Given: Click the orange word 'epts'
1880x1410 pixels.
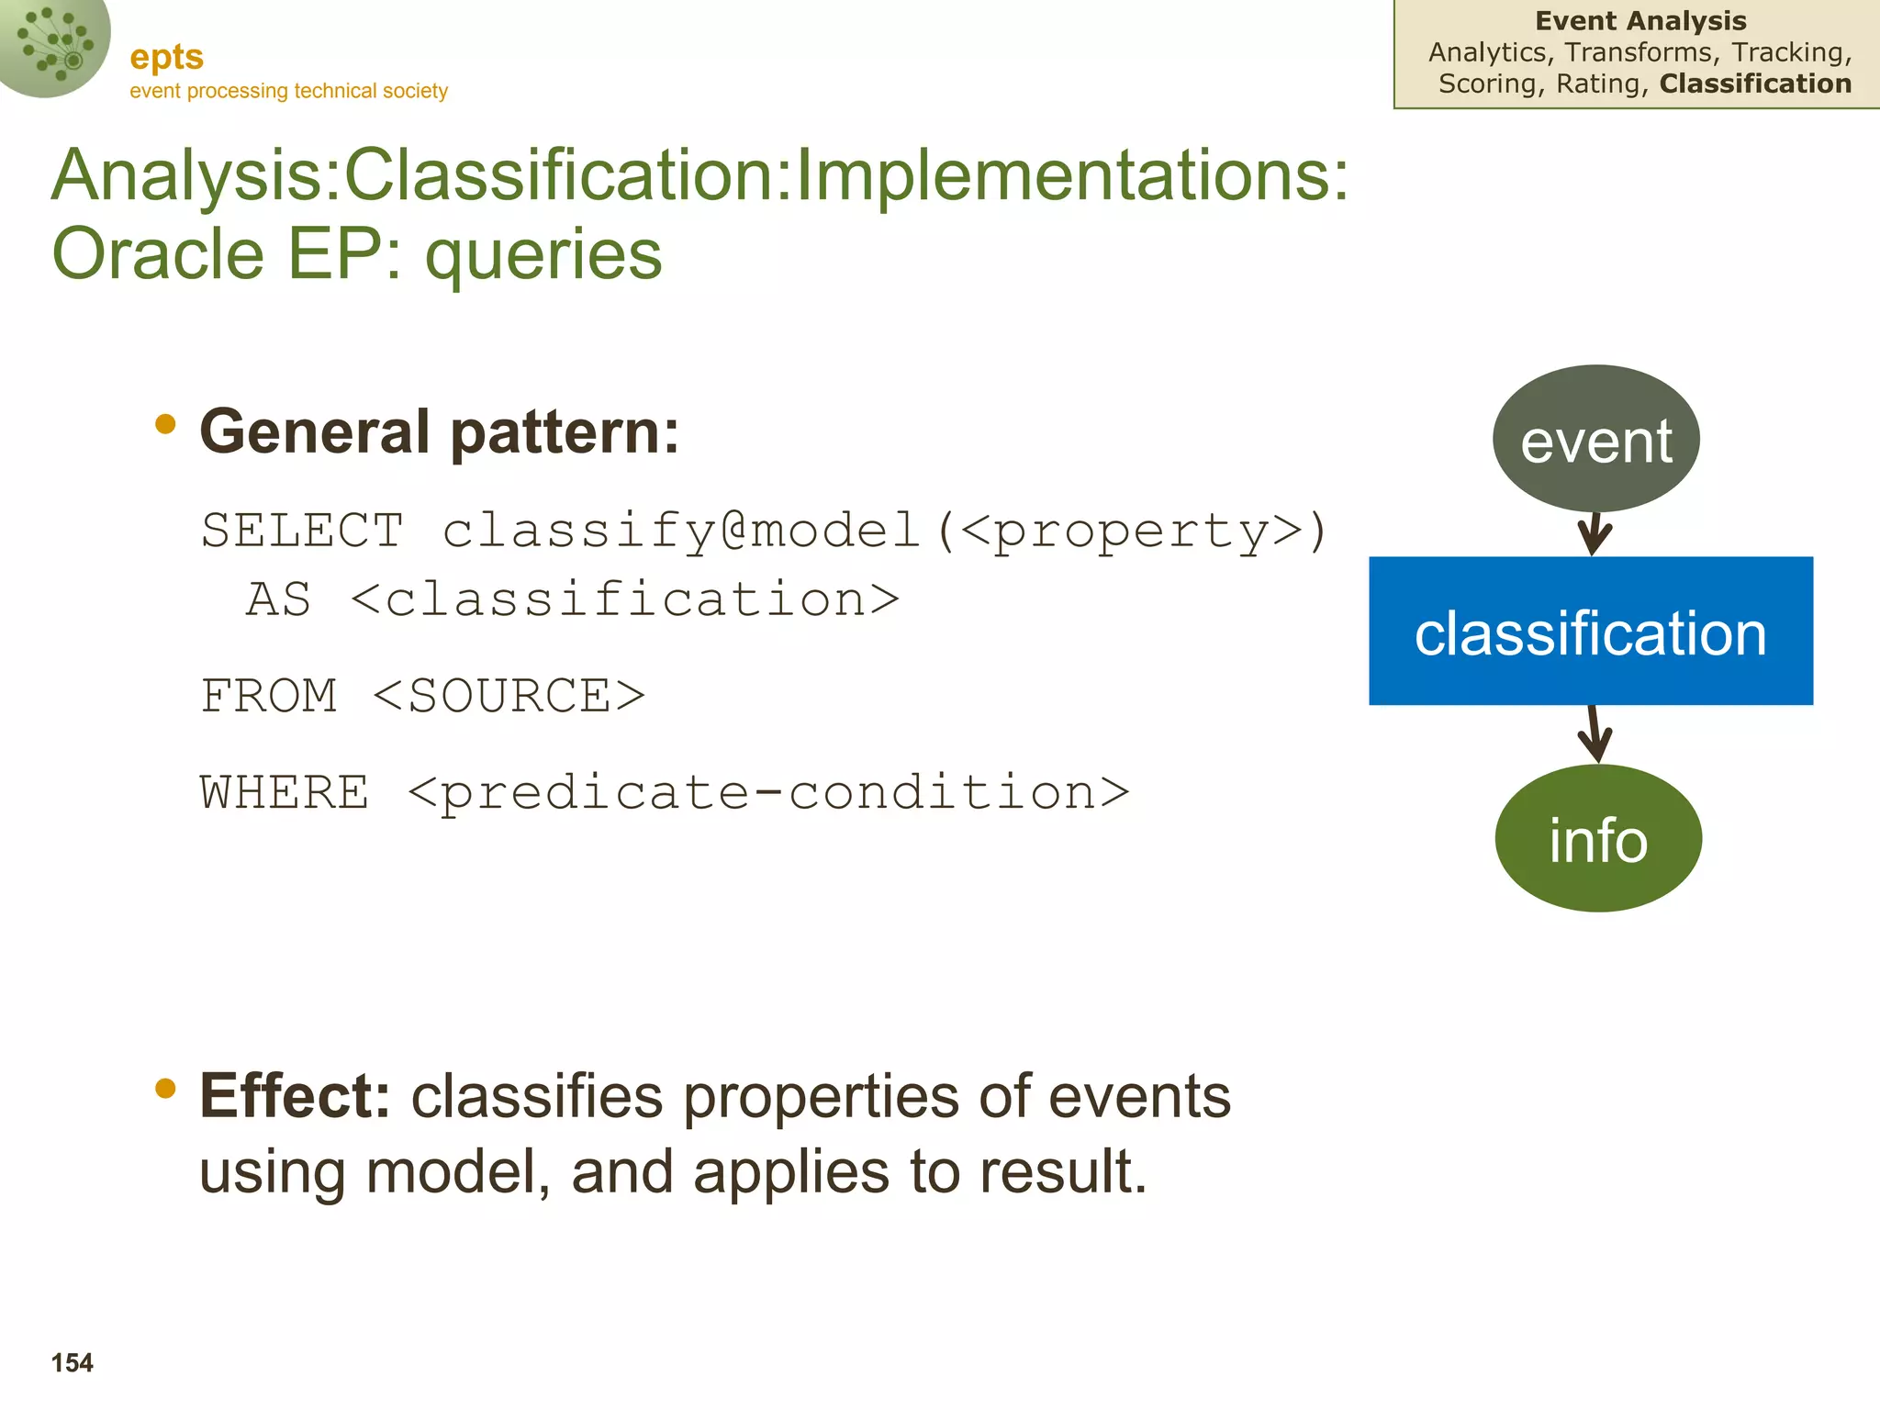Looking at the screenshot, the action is [166, 57].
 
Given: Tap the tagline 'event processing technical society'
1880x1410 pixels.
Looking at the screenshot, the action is [288, 91].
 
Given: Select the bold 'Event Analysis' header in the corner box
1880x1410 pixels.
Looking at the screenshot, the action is [1639, 20].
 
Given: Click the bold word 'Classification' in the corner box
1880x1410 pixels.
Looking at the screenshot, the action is [1755, 84].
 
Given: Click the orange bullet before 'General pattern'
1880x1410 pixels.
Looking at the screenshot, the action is [165, 423].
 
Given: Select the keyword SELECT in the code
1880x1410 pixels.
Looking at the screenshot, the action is [302, 531].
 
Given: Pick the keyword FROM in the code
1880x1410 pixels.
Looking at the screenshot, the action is [269, 696].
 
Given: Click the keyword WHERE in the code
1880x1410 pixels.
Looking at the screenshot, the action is [285, 792].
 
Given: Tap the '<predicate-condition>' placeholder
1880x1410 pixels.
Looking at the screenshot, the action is [768, 792].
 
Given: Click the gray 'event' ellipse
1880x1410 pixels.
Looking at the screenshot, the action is [1595, 439].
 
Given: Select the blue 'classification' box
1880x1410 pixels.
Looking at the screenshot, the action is [1590, 631].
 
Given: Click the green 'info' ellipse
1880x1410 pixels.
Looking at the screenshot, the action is [1597, 838].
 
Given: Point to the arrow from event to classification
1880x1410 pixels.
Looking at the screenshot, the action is [1595, 533].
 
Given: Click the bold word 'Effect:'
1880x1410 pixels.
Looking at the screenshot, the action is [295, 1096].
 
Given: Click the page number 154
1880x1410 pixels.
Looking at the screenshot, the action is [73, 1362].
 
